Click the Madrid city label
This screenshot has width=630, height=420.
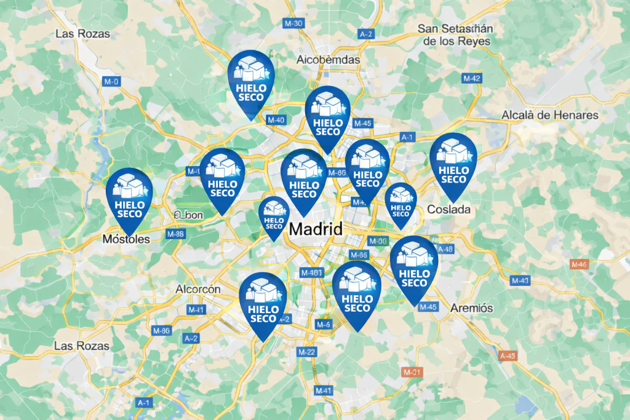(316, 229)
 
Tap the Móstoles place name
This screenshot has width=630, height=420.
(126, 239)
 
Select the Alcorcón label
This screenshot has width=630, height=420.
(198, 289)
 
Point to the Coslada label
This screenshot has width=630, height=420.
(449, 209)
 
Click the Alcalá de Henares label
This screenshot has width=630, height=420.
(550, 115)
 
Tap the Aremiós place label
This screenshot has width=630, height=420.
(472, 307)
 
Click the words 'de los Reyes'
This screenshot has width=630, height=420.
(456, 41)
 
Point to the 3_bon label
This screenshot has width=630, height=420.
(189, 215)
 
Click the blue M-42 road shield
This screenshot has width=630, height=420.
(472, 78)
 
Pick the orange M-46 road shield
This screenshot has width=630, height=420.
(579, 264)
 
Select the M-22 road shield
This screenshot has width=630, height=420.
(306, 352)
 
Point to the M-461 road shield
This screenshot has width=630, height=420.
(311, 272)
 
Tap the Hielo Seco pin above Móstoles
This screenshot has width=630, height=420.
(129, 196)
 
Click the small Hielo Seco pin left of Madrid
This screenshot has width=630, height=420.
(274, 215)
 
